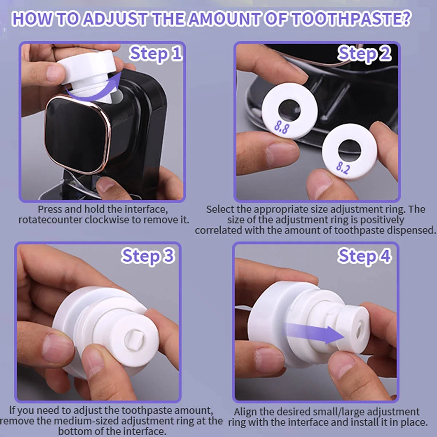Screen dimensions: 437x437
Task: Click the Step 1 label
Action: pyautogui.click(x=155, y=54)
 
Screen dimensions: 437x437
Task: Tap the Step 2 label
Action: pyautogui.click(x=364, y=54)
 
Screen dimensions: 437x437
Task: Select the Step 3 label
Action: pyautogui.click(x=148, y=256)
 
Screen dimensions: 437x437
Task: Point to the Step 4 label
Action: pyautogui.click(x=364, y=256)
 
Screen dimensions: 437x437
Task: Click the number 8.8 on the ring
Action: pyautogui.click(x=282, y=127)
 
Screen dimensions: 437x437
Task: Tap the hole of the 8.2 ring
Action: pyautogui.click(x=349, y=150)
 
